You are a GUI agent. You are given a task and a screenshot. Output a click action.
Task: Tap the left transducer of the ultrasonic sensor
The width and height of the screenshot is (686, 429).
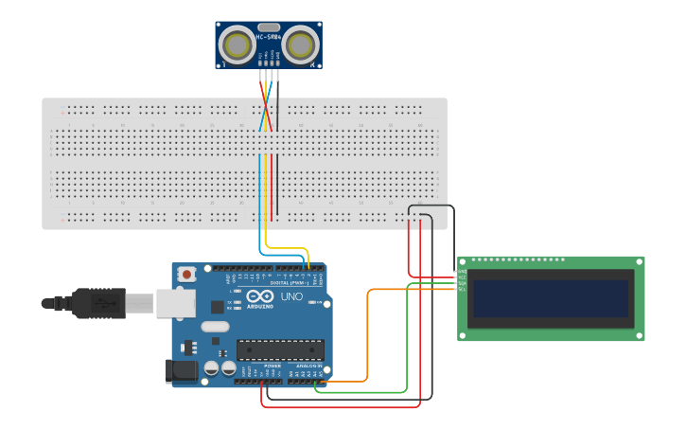[236, 45]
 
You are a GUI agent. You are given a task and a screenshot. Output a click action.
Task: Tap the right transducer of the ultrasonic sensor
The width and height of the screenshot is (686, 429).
[301, 45]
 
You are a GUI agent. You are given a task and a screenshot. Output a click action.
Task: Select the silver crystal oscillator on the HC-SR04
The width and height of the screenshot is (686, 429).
[269, 28]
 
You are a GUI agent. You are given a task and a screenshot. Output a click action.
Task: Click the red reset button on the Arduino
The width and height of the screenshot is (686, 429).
[187, 275]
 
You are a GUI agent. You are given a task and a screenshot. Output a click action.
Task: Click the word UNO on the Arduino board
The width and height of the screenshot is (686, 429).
[290, 297]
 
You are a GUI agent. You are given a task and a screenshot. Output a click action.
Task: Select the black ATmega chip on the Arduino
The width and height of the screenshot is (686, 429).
[279, 349]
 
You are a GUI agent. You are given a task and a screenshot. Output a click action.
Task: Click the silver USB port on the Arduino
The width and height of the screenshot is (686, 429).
[177, 302]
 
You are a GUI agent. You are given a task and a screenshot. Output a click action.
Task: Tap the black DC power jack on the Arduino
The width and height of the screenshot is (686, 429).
[182, 371]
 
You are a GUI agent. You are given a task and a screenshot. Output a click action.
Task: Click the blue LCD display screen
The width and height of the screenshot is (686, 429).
[551, 297]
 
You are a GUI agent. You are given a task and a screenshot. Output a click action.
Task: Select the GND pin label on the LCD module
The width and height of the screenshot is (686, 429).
[462, 272]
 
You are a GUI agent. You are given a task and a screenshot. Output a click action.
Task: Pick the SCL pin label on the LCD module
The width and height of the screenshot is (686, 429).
[462, 289]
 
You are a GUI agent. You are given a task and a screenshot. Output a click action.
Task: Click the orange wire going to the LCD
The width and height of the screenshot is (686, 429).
[367, 331]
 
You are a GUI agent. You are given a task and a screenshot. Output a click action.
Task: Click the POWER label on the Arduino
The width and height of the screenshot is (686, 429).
[273, 365]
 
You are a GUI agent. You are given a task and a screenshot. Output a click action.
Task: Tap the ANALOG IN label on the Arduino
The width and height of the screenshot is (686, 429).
[308, 365]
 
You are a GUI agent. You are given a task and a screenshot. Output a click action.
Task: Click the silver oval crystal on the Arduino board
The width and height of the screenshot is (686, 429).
[214, 328]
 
